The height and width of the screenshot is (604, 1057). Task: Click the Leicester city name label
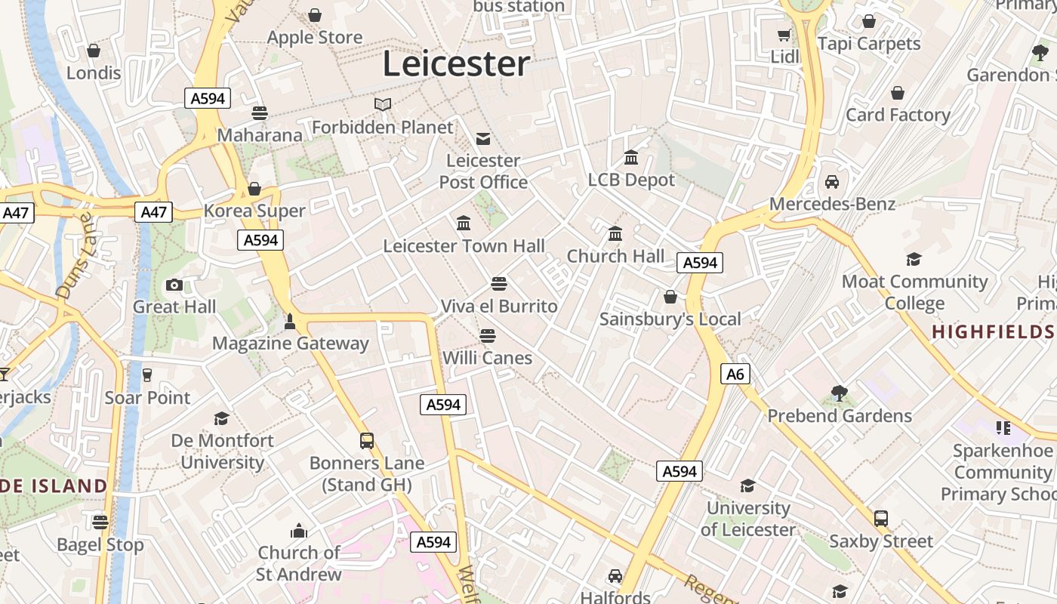[456, 63]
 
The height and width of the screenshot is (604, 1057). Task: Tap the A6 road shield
[735, 374]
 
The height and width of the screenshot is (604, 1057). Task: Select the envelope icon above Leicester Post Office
[483, 138]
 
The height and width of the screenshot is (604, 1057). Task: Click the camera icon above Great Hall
[174, 285]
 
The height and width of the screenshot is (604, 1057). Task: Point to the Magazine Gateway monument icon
[289, 322]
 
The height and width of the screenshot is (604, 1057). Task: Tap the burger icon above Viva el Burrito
[498, 284]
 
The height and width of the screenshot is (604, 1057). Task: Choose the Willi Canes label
[487, 358]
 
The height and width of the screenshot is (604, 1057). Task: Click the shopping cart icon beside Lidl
[785, 35]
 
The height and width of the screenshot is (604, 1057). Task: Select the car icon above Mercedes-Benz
[832, 182]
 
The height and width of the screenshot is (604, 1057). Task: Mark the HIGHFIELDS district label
[993, 332]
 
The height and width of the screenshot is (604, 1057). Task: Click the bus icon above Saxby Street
[881, 519]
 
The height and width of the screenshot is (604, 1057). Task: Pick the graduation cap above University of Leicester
[747, 485]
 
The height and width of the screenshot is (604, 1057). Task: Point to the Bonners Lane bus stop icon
[367, 440]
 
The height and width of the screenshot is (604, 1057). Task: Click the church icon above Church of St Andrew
[299, 531]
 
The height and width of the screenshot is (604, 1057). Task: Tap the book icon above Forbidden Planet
[383, 105]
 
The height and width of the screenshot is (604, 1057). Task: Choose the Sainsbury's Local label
[670, 319]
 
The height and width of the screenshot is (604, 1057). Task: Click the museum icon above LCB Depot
[631, 158]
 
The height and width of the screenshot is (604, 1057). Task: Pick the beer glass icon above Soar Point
[147, 375]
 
